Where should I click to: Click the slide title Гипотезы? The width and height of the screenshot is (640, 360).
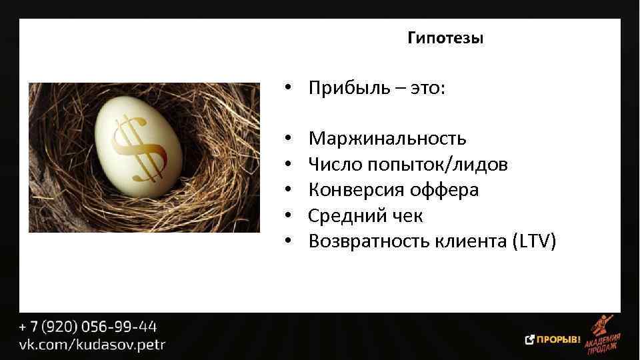445,39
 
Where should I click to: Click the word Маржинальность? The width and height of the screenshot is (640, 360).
387,139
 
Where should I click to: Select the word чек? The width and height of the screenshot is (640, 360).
406,216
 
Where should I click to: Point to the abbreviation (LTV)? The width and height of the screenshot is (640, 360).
533,241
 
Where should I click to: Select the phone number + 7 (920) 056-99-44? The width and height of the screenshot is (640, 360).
88,327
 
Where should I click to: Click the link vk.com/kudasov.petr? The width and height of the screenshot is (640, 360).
92,345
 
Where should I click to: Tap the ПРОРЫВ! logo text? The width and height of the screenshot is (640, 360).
559,339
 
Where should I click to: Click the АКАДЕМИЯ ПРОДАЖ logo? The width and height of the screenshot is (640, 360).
603,337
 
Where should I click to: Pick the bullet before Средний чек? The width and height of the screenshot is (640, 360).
288,216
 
